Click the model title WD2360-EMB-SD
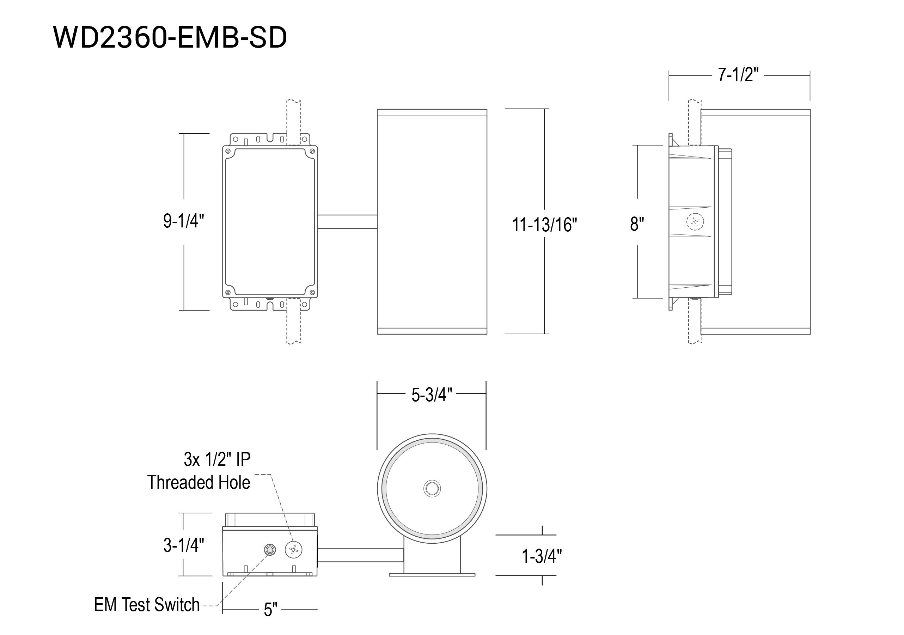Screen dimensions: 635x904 170,38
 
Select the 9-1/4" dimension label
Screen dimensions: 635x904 184,221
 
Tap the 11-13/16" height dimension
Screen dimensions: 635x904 544,225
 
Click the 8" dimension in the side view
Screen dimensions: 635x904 637,224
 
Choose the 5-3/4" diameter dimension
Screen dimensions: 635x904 432,395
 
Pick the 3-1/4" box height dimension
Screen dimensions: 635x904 184,545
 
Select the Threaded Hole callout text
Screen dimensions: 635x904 199,482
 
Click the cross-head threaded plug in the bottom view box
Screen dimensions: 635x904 293,549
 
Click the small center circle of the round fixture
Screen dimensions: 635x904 432,489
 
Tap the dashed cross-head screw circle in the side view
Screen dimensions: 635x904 695,222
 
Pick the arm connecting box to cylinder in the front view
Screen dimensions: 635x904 347,222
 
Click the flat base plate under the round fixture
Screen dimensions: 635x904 432,575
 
